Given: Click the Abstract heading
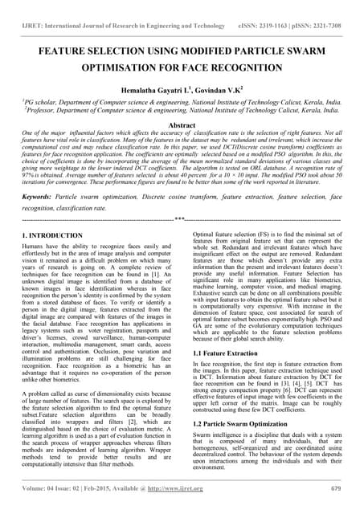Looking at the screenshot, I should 182,125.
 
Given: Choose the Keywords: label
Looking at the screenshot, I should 39,196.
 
